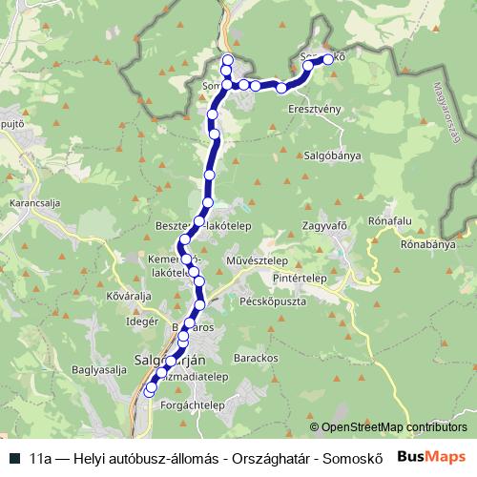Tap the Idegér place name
pyautogui.click(x=141, y=322)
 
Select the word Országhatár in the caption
pyautogui.click(x=260, y=457)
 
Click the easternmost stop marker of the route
pyautogui.click(x=328, y=59)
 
